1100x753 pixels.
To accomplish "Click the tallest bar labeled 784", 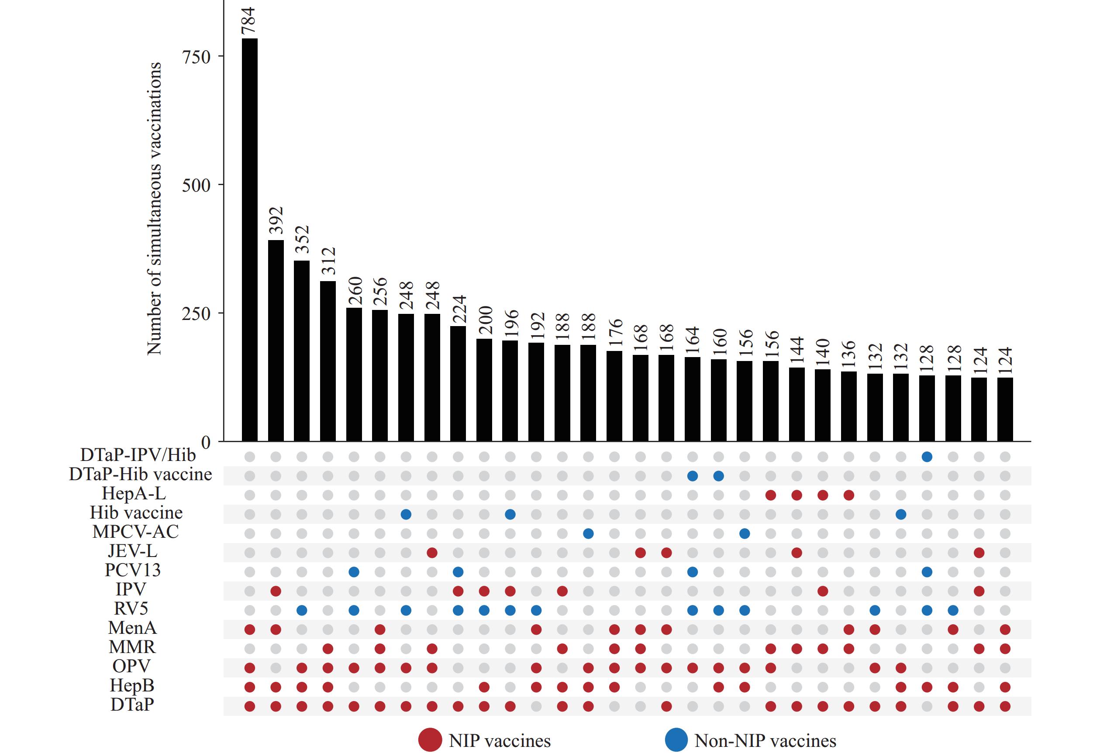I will pos(249,240).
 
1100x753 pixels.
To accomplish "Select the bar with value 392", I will pos(276,340).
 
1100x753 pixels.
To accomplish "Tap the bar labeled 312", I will pos(328,361).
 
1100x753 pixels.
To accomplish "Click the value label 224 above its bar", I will pos(458,309).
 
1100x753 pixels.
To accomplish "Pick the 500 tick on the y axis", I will pos(196,185).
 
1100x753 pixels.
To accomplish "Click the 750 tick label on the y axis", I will pos(196,57).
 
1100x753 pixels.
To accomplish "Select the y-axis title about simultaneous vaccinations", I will pos(154,208).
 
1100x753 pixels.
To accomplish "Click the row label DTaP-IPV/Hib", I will pos(138,455).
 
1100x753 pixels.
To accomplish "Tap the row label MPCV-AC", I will pos(135,532).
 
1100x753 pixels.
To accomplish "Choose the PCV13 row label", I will pos(132,570).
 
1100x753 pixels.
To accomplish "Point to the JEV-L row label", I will pos(132,551).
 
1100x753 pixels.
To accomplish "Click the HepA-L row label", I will pos(134,494).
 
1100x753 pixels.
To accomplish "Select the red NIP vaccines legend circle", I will pos(430,740).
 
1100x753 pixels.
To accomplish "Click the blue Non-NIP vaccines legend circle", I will pos(676,740).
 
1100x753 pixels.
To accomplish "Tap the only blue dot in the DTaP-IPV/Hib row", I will pos(927,457).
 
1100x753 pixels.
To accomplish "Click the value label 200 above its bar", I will pos(484,320).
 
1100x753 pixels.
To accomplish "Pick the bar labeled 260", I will pos(354,375).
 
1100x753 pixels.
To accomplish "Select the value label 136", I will pos(848,353).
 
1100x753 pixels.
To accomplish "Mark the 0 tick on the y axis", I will pos(206,442).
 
